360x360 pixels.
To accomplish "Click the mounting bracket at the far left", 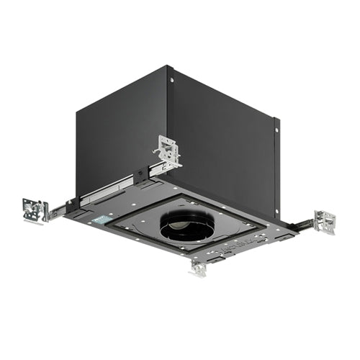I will coord(35,210).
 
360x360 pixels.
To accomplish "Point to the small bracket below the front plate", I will coord(198,267).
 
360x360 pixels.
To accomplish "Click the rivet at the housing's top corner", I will coord(171,80).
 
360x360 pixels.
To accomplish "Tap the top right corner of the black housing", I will coord(276,117).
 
